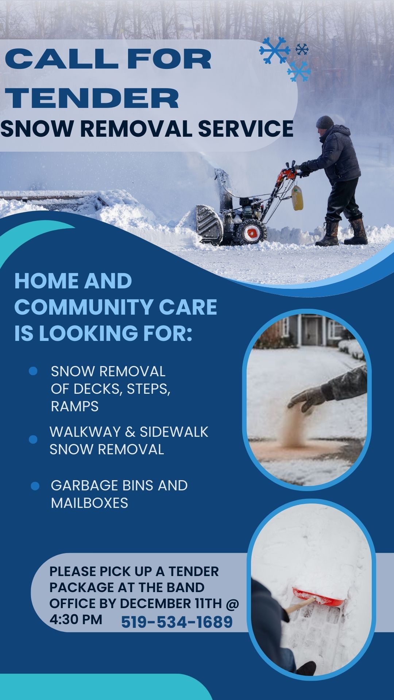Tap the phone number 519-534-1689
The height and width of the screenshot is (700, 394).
coord(177,622)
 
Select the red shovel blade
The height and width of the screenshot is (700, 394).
coord(317,596)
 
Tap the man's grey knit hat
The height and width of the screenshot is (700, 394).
coord(325,122)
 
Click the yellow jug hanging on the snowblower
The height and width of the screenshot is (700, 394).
coord(297,198)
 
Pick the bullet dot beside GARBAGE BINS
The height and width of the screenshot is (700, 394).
coord(35,486)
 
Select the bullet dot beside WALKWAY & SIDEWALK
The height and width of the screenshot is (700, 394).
coord(33,440)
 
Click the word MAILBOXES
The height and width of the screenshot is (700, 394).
coord(89,503)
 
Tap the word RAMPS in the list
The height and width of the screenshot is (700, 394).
coord(75,407)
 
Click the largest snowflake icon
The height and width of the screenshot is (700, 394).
coord(275,50)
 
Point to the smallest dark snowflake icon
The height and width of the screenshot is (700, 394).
coord(302,49)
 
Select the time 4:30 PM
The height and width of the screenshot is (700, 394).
coord(76,619)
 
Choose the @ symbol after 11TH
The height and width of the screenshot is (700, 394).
coord(232,604)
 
